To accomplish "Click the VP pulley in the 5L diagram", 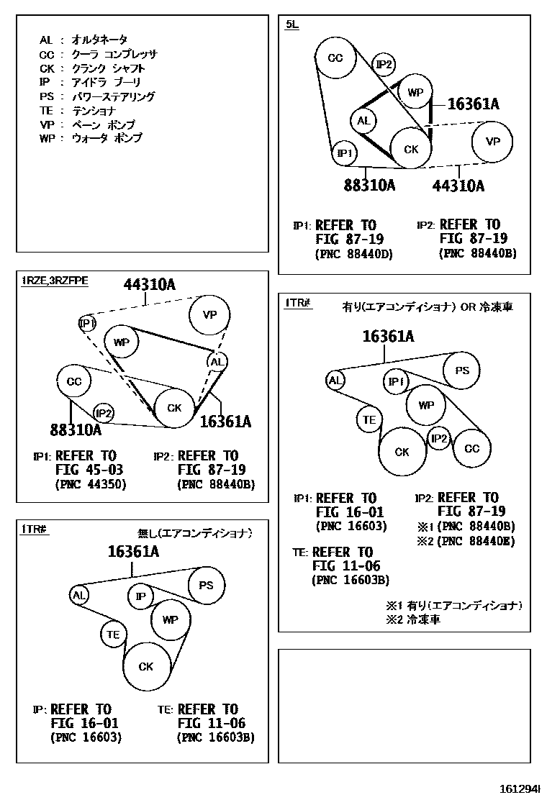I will pyautogui.click(x=493, y=142).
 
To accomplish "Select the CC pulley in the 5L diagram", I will pyautogui.click(x=335, y=58).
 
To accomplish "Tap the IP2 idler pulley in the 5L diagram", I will pyautogui.click(x=384, y=65).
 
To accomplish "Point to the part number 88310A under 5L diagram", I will pyautogui.click(x=369, y=186).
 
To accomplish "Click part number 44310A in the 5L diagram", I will pyautogui.click(x=458, y=186).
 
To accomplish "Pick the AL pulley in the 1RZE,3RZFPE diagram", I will pyautogui.click(x=217, y=362).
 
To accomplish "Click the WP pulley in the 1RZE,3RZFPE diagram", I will pyautogui.click(x=122, y=342).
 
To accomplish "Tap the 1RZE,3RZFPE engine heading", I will pyautogui.click(x=55, y=281).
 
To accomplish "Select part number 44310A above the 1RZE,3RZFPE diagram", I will pyautogui.click(x=149, y=285).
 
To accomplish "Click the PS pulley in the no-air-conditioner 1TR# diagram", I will pyautogui.click(x=207, y=586).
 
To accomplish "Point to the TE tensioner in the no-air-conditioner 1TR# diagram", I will pyautogui.click(x=113, y=634).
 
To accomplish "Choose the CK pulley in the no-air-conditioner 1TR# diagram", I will pyautogui.click(x=146, y=667).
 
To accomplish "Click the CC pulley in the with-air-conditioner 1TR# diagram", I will pyautogui.click(x=471, y=449).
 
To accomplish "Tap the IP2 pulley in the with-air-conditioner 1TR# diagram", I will pyautogui.click(x=439, y=438).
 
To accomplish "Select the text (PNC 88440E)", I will pyautogui.click(x=476, y=541).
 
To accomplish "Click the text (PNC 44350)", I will pyautogui.click(x=90, y=484).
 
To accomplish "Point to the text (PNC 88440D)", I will pyautogui.click(x=353, y=253).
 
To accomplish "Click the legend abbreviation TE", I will pyautogui.click(x=46, y=111).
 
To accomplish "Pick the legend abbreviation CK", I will pyautogui.click(x=47, y=68).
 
